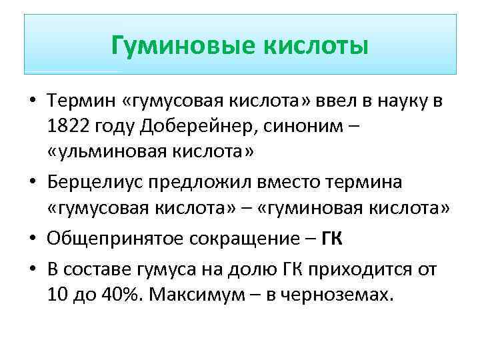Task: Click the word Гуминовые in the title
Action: (177, 46)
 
